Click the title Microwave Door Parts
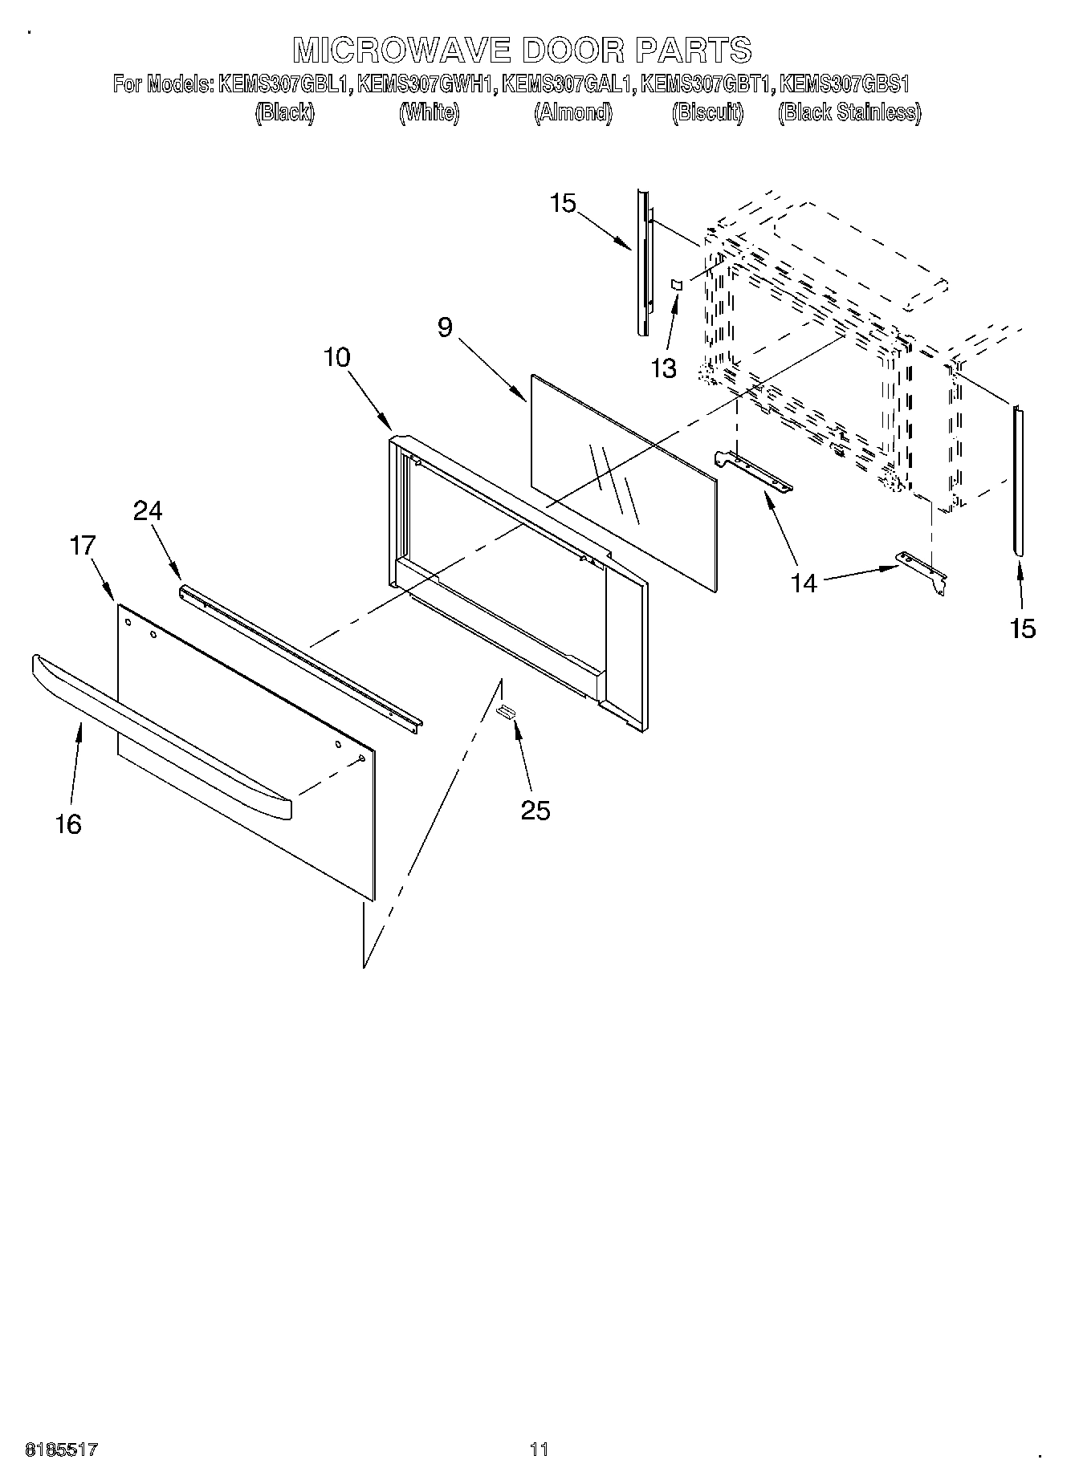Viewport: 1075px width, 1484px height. [522, 50]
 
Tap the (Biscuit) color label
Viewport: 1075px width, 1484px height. [707, 112]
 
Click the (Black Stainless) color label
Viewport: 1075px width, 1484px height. [849, 112]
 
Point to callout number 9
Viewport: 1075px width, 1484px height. [445, 327]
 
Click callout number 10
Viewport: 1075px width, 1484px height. [337, 357]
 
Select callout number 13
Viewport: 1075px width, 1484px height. [663, 368]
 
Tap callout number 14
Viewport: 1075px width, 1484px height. [804, 583]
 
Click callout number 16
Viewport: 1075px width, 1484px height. [68, 823]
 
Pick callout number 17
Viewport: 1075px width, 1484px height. [83, 546]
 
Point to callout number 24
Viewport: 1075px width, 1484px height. [148, 510]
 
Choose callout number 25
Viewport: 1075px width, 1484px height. [535, 811]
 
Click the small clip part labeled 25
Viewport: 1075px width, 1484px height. [506, 710]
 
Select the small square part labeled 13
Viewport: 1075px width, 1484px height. [676, 284]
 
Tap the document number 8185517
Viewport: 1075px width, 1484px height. [63, 1449]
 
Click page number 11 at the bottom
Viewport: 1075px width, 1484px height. [539, 1449]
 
